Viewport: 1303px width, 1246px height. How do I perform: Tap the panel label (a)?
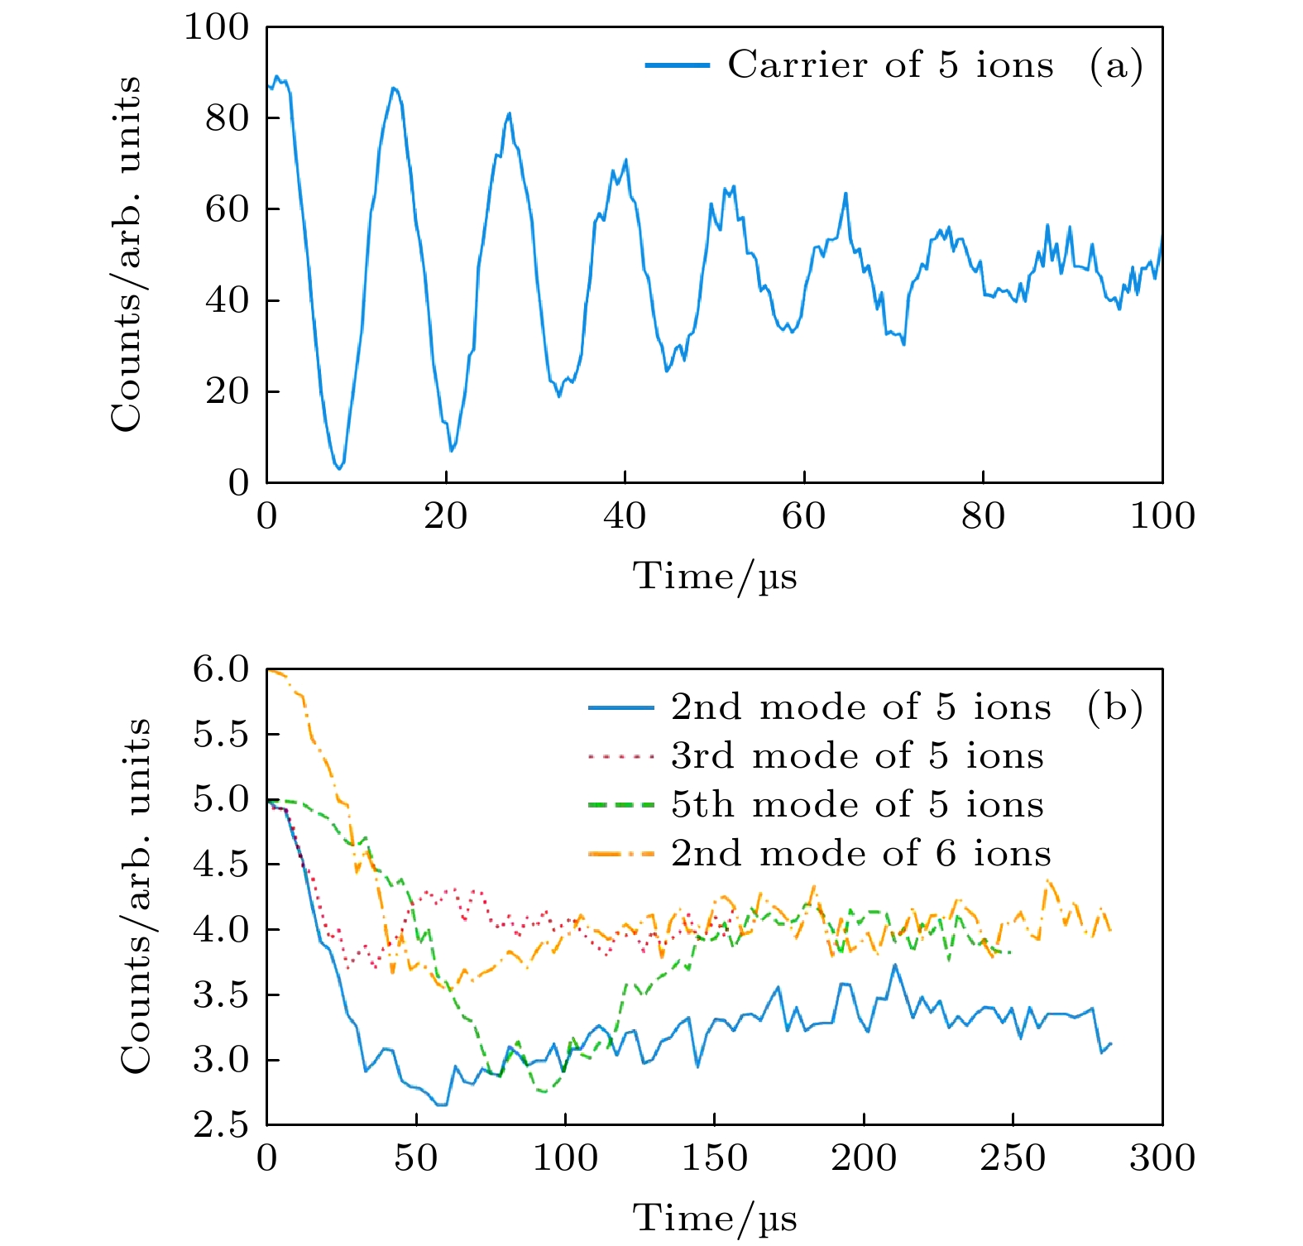[x=1115, y=65]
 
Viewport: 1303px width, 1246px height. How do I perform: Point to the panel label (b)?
[x=1114, y=707]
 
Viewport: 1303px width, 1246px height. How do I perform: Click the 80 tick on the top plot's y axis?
[x=227, y=118]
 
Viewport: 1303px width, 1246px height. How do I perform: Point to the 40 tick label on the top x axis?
[x=625, y=516]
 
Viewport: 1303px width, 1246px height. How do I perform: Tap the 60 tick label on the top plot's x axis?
[x=803, y=516]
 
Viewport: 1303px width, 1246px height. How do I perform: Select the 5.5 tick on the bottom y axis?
[x=221, y=734]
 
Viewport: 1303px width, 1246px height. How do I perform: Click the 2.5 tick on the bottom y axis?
[x=221, y=1125]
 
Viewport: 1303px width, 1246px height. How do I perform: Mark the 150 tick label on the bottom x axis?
[x=715, y=1158]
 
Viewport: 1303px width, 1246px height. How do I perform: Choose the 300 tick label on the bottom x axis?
[x=1162, y=1158]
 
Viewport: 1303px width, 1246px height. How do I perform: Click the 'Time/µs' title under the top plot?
[x=715, y=576]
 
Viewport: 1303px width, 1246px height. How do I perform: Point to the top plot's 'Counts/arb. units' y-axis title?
[x=126, y=254]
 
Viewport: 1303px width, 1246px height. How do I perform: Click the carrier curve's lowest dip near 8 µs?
[x=338, y=469]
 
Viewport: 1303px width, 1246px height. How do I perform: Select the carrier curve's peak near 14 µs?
[x=395, y=88]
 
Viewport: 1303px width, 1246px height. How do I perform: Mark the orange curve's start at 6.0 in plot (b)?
[x=269, y=669]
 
